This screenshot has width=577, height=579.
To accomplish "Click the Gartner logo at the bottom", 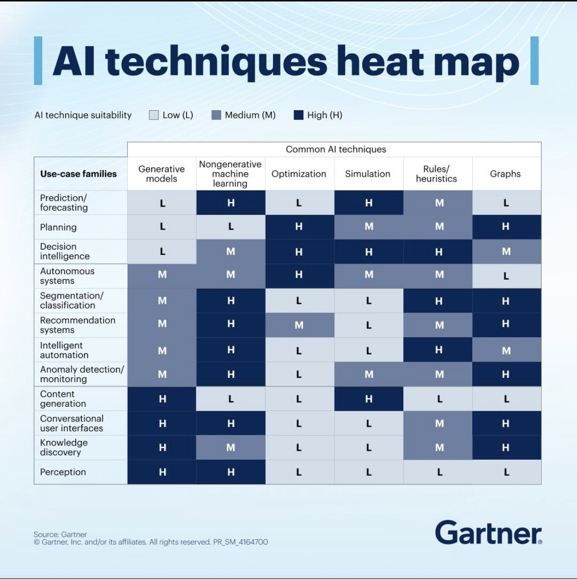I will coord(488,533).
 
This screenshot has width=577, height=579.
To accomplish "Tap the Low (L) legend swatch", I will coord(154,115).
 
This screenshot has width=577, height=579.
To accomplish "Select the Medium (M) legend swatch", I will coord(216,115).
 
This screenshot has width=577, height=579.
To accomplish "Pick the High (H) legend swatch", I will coord(299,115).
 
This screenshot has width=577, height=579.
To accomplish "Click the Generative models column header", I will coord(162,174).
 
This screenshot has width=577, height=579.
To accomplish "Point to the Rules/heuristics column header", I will coord(437,174).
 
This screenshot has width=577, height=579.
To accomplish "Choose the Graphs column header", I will coord(506,174).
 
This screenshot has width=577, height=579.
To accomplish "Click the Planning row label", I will coord(58,227).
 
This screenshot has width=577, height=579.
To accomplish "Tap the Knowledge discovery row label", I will coord(64,447).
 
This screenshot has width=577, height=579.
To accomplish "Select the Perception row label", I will coord(63,472).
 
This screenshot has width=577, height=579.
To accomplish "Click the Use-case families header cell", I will coord(78,174).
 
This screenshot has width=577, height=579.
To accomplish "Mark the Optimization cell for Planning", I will coord(299,227).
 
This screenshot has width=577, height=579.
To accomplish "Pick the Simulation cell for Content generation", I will coord(369,399).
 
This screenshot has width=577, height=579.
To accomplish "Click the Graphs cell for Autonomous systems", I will coord(506,276).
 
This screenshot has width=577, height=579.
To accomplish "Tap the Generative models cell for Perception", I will coord(162,472).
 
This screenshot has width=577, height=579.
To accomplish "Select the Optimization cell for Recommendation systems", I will coord(299,325).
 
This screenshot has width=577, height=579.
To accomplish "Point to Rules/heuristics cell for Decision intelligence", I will coord(438,252).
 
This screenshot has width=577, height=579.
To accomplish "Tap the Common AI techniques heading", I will coord(336,149).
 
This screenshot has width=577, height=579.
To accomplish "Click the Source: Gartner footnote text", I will coord(60,534).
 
